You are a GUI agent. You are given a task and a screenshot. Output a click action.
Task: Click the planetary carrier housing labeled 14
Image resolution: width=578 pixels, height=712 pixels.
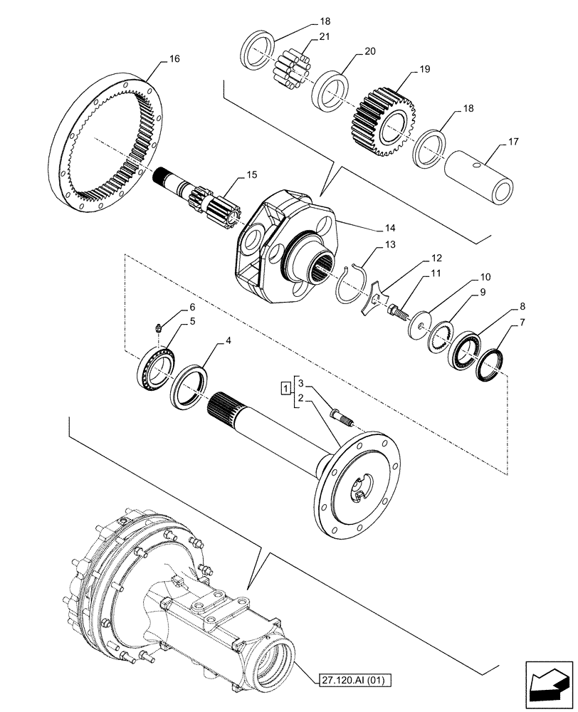point(270,241)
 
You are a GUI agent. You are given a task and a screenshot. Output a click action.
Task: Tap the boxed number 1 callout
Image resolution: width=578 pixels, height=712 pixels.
point(285,388)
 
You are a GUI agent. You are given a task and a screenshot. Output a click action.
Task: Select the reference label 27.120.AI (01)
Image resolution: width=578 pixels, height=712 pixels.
point(350,680)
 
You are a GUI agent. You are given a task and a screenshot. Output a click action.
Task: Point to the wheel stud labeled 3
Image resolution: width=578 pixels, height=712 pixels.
point(342,417)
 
